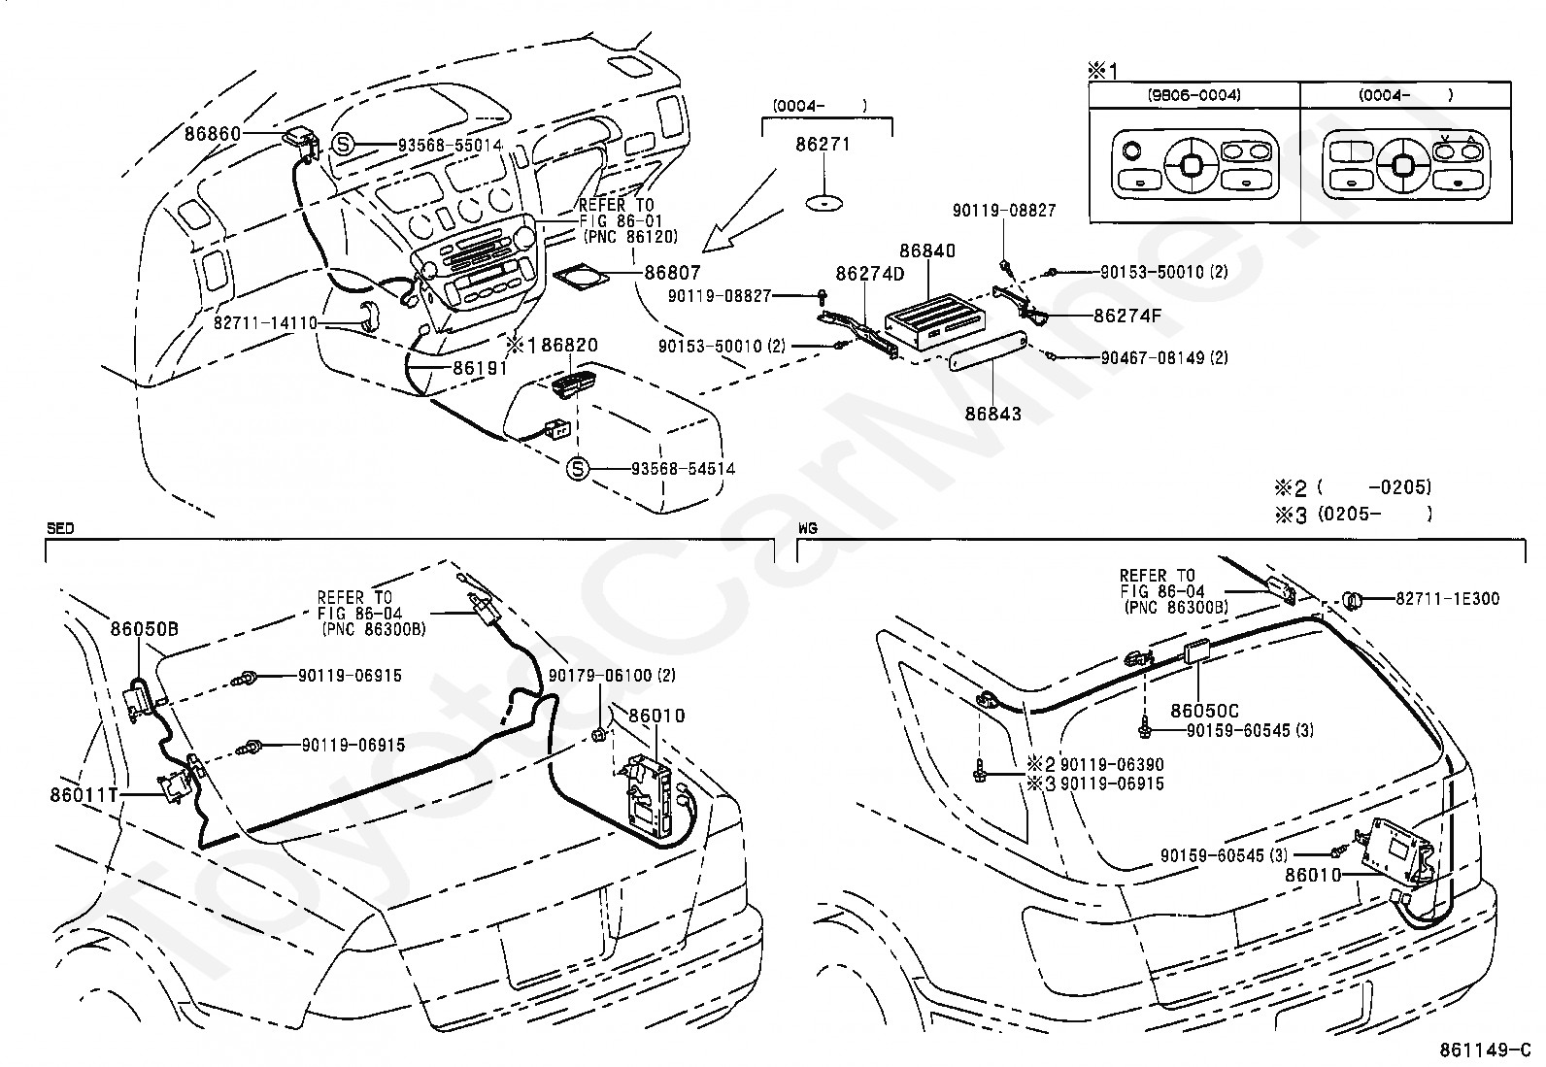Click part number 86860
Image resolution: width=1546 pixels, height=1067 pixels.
point(212,133)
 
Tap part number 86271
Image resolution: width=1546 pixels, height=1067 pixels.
point(823,145)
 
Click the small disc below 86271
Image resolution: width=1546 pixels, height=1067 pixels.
point(823,204)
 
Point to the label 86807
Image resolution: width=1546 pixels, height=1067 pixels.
point(672,274)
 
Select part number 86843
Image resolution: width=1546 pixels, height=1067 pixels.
point(992,414)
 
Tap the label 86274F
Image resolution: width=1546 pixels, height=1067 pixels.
point(1126,316)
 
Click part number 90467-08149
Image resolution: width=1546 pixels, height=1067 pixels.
point(1153,358)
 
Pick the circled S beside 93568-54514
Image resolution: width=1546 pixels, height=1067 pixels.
point(578,469)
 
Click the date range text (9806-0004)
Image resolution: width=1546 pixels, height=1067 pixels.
point(1194,95)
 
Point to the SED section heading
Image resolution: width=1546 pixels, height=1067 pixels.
point(60,528)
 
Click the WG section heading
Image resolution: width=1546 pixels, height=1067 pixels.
point(807,528)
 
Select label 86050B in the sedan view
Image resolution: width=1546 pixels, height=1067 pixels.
point(144,629)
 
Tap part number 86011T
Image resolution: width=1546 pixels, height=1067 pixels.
point(83,794)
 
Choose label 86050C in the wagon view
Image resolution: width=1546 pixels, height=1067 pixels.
point(1204,712)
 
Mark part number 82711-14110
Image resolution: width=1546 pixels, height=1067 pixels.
point(265,322)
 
